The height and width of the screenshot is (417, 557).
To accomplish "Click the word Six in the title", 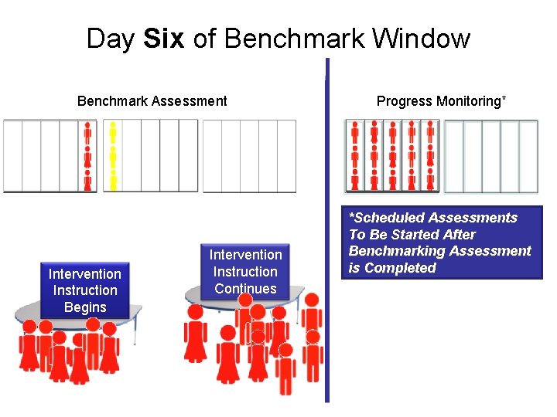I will click(164, 38).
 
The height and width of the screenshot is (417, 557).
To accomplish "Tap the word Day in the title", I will click(111, 38).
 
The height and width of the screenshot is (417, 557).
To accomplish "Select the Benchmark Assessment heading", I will click(152, 100).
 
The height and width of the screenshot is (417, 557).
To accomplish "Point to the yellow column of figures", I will click(113, 156).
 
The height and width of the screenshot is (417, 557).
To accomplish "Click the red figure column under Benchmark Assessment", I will click(88, 156).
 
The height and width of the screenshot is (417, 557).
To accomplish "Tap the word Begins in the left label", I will click(85, 307).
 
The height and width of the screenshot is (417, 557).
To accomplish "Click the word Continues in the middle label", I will click(246, 289).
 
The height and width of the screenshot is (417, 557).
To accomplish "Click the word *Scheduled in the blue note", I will click(387, 218).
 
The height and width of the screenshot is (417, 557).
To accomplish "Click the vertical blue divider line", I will click(327, 232).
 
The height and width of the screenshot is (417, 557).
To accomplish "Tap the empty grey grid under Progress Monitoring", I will click(490, 156).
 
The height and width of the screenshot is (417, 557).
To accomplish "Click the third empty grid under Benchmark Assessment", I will click(249, 156).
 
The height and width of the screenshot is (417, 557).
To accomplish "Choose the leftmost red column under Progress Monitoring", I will click(355, 156).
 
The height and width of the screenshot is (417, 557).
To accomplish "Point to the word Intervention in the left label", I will click(85, 273).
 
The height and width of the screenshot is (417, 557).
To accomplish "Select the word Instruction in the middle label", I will click(246, 272).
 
